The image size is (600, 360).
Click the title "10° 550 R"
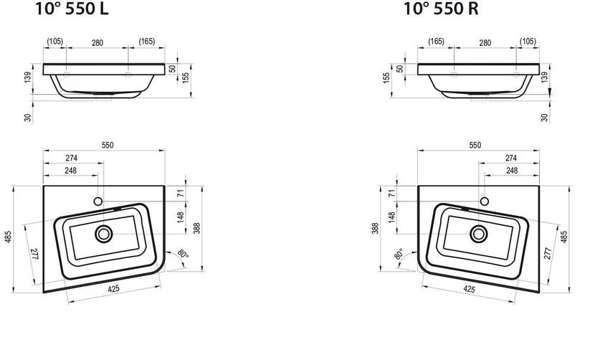click(x=441, y=9)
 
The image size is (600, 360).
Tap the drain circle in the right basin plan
click(x=478, y=233)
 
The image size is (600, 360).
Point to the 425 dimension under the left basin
click(x=113, y=289)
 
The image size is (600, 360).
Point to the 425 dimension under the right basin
click(x=470, y=289)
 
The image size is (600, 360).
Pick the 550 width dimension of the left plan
click(x=108, y=144)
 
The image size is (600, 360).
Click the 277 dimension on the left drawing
click(x=33, y=253)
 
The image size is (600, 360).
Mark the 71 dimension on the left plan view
click(x=182, y=193)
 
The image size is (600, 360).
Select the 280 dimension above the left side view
click(x=97, y=43)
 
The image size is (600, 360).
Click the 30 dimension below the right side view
click(x=545, y=117)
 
